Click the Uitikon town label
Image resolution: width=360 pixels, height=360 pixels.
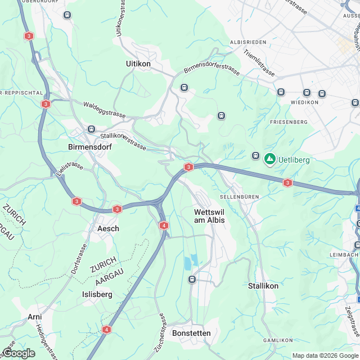[138, 64]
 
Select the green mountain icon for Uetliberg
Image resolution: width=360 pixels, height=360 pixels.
[270, 159]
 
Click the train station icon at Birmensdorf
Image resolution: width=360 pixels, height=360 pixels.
[90, 129]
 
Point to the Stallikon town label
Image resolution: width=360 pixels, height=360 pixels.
[263, 286]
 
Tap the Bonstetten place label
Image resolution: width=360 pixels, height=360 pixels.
[192, 333]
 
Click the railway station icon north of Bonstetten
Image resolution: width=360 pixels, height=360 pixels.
[192, 279]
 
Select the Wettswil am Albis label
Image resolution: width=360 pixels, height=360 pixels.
[209, 216]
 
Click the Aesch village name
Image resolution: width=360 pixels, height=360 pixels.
[108, 229]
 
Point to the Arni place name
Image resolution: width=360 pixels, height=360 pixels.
[35, 317]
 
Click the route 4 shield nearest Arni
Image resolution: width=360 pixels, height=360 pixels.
[107, 329]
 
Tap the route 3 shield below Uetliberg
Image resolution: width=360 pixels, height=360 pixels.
[288, 183]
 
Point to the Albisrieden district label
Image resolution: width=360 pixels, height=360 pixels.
[247, 43]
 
